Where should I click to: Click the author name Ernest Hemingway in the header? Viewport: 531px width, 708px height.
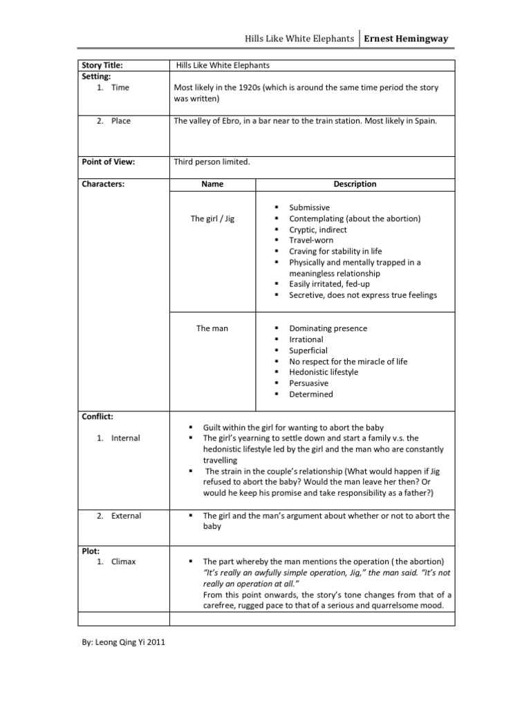pyautogui.click(x=407, y=39)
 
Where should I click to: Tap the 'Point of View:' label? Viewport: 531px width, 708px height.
pyautogui.click(x=109, y=162)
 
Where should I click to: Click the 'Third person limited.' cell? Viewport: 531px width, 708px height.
pyautogui.click(x=212, y=162)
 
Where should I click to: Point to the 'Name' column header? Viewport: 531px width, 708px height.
pyautogui.click(x=212, y=185)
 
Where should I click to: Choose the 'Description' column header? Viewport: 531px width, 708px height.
pyautogui.click(x=355, y=185)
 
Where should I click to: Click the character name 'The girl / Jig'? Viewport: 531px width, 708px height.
pyautogui.click(x=212, y=219)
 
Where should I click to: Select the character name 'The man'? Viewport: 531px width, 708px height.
pyautogui.click(x=212, y=328)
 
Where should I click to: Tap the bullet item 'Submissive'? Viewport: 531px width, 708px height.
pyautogui.click(x=309, y=207)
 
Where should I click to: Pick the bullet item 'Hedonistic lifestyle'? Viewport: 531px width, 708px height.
pyautogui.click(x=324, y=372)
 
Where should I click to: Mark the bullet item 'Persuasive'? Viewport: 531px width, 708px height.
pyautogui.click(x=308, y=383)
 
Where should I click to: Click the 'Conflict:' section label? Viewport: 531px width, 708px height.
pyautogui.click(x=97, y=417)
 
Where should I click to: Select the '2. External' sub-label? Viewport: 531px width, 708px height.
pyautogui.click(x=119, y=516)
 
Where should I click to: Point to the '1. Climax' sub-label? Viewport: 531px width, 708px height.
pyautogui.click(x=116, y=561)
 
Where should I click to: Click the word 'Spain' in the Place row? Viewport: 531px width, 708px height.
pyautogui.click(x=423, y=121)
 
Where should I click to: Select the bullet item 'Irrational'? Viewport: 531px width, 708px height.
pyautogui.click(x=306, y=339)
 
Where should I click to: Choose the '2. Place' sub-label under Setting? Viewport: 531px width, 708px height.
pyautogui.click(x=113, y=121)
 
